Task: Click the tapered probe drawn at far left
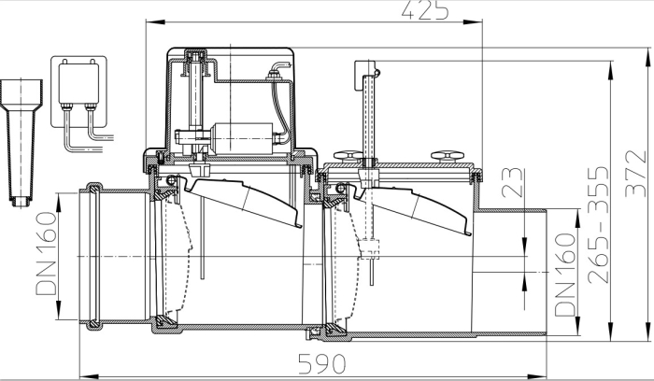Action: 19,140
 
